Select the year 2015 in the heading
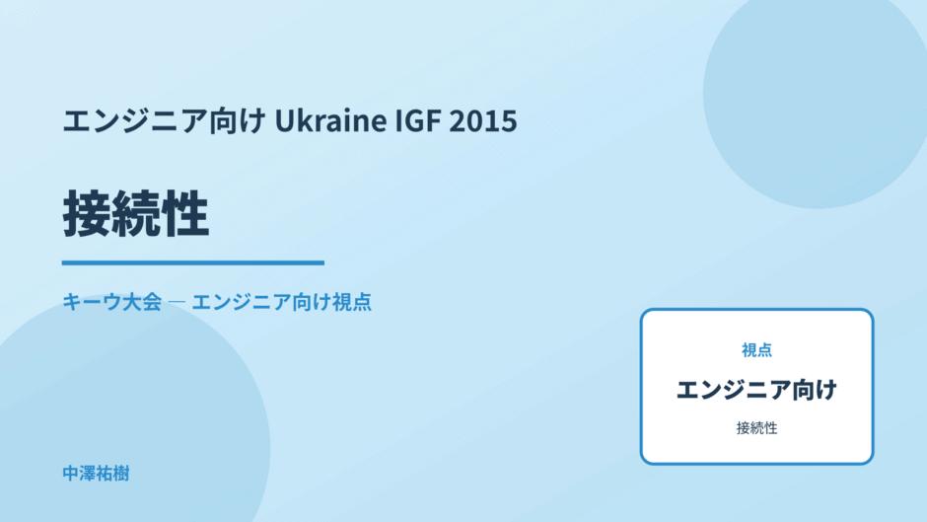483,120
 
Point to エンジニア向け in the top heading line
164,120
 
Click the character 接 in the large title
87,214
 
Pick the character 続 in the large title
135,214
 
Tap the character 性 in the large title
184,214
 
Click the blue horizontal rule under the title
192,262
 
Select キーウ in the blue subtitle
92,302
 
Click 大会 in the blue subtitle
142,302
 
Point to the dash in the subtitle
177,302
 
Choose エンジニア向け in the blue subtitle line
260,302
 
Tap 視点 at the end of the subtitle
352,302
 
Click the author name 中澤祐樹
96,474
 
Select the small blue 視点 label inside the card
756,350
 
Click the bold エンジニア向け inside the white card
756,390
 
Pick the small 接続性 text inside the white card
756,428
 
